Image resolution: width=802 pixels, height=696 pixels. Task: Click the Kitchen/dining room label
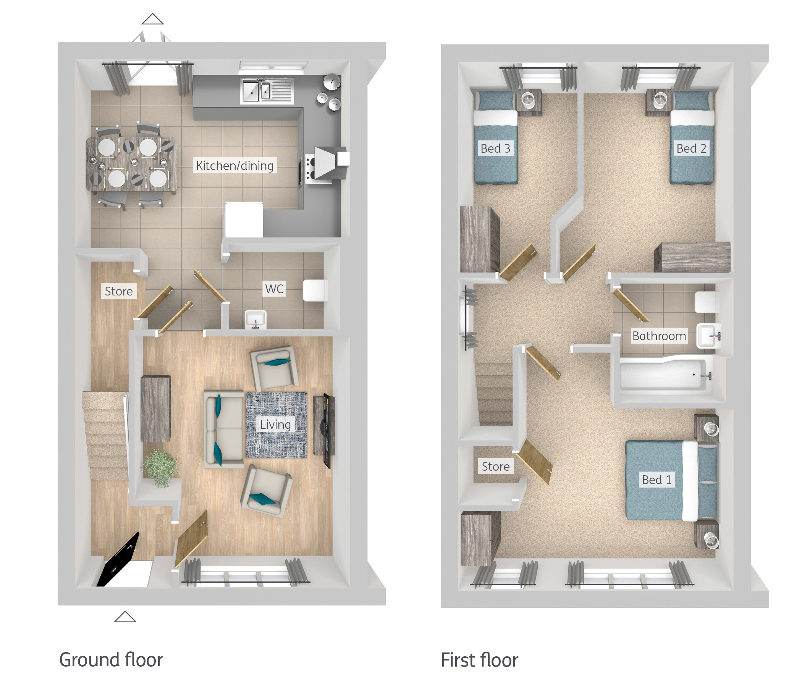click(x=235, y=166)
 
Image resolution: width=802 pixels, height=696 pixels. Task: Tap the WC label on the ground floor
click(x=274, y=289)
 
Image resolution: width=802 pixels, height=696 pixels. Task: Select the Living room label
click(x=275, y=425)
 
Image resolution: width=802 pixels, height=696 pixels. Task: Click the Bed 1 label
click(x=657, y=480)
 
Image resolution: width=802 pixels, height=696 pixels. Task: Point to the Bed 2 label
click(x=691, y=149)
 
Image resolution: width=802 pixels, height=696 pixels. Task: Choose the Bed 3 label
click(x=495, y=149)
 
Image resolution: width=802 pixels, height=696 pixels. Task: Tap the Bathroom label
click(x=660, y=336)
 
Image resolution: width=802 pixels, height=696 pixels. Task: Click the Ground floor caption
click(x=111, y=660)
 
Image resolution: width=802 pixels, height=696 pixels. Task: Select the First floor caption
click(x=480, y=660)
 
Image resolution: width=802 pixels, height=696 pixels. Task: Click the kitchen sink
click(x=267, y=91)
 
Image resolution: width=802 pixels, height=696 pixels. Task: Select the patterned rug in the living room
click(x=276, y=425)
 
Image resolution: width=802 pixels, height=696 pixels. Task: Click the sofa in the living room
click(x=224, y=429)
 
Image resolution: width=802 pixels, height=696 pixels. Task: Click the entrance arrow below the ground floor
click(x=125, y=617)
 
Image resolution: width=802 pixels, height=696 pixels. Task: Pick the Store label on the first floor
click(x=495, y=467)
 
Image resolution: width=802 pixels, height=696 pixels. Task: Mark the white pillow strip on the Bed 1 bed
click(x=690, y=481)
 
